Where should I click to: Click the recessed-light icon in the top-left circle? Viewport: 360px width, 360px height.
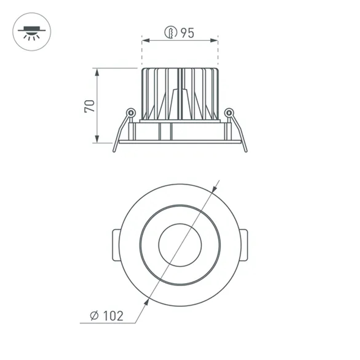click(32, 32)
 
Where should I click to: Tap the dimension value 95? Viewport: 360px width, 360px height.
click(187, 33)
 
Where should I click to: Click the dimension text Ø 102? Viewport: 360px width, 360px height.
click(106, 316)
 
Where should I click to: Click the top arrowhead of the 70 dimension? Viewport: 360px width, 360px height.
click(97, 71)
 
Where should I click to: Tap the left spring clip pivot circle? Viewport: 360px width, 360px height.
click(131, 113)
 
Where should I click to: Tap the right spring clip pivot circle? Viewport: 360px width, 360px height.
click(229, 113)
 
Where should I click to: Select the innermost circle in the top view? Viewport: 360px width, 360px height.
click(180, 245)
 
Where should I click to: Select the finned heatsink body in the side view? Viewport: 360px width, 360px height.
click(180, 94)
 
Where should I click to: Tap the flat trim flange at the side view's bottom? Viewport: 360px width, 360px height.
click(180, 142)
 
